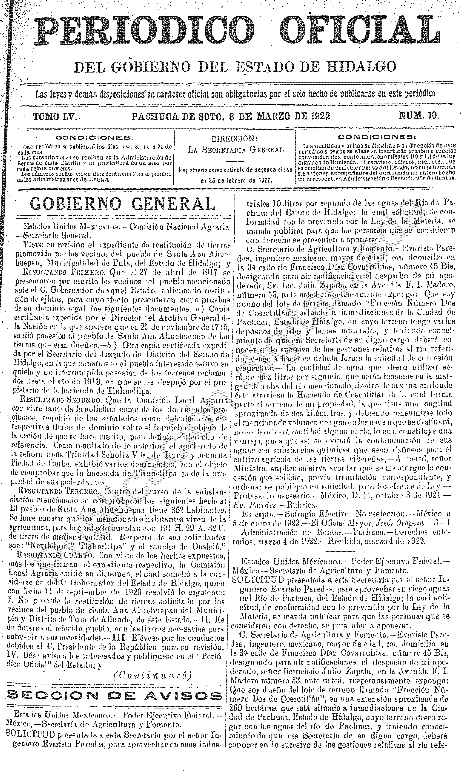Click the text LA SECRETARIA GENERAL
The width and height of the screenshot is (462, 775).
coord(236,150)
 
